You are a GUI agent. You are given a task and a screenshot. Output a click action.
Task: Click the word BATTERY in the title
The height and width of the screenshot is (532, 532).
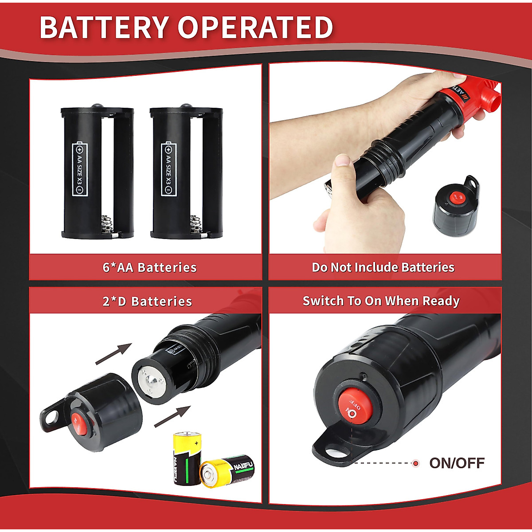click(105, 27)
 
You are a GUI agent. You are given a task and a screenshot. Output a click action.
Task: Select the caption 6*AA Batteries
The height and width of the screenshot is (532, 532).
click(149, 267)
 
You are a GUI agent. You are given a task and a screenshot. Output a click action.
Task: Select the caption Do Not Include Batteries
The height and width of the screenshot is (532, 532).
click(383, 267)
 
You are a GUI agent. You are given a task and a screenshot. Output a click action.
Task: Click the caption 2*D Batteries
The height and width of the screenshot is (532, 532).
click(147, 301)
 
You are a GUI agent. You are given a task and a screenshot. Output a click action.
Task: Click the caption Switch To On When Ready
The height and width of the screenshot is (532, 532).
click(381, 301)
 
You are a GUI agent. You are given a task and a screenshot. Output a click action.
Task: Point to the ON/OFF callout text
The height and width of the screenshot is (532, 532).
click(457, 463)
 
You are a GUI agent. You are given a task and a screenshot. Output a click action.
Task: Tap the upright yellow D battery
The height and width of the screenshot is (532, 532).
click(187, 458)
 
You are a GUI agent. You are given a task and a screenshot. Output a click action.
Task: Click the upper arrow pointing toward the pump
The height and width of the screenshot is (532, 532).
click(114, 354)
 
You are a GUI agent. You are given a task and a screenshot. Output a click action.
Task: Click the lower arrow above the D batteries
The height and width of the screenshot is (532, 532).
click(172, 417)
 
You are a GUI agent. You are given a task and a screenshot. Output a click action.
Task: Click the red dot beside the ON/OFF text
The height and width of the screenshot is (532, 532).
click(415, 464)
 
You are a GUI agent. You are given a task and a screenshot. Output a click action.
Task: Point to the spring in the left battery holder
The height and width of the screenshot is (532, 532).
click(106, 223)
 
